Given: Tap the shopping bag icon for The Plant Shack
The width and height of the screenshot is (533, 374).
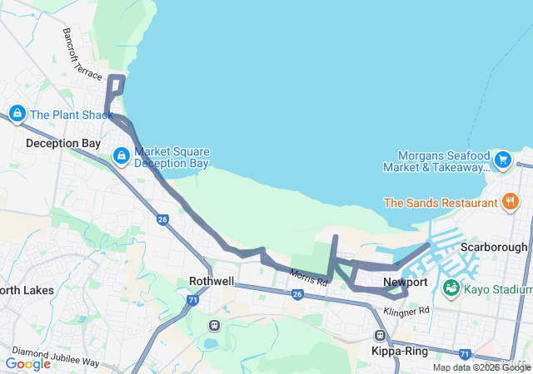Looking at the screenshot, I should click(17, 112).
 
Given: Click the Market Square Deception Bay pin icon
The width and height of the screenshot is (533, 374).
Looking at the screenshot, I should click(121, 155).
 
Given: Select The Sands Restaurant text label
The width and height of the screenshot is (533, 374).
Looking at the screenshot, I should click(440, 202).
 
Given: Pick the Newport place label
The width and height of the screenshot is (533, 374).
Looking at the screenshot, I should click(405, 282).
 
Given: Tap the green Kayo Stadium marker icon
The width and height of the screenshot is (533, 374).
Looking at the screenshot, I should click(451, 288).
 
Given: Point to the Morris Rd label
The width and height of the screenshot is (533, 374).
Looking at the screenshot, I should click(308, 277).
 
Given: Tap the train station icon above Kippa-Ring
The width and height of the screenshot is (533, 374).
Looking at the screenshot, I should click(381, 336).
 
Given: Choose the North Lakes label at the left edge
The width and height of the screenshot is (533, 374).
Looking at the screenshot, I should click(27, 291).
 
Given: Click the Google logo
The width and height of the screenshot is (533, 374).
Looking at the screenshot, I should click(27, 364).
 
